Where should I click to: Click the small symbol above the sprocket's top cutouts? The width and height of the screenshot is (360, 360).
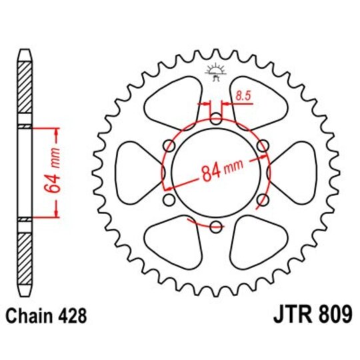215,70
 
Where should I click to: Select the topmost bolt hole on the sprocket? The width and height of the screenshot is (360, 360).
215,119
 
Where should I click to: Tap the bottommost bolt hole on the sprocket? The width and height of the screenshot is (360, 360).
215,227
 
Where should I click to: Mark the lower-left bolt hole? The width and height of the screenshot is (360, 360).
169,200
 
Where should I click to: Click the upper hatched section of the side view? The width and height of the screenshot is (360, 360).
25,91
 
